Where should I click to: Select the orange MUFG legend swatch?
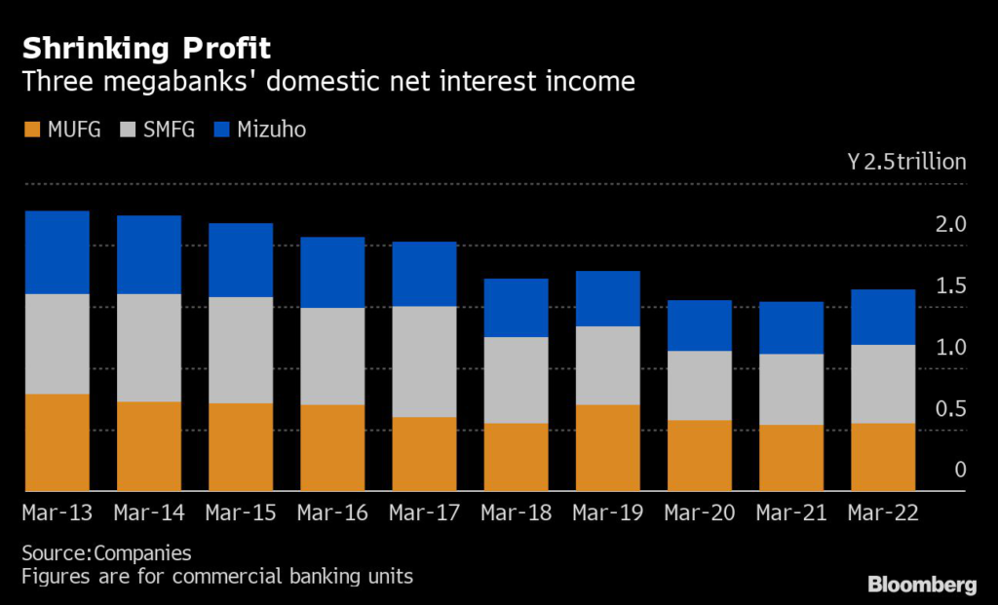(31, 129)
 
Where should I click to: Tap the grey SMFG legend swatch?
(128, 129)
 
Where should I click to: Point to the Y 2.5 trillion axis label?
(906, 162)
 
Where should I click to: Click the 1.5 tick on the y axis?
(951, 285)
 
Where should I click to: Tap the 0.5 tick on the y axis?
(951, 408)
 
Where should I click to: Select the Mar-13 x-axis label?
(58, 512)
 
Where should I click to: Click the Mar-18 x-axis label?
(517, 512)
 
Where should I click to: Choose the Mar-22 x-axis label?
(883, 512)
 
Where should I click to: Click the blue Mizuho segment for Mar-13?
(58, 251)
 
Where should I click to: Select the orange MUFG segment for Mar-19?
(608, 447)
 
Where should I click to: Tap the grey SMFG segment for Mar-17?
(425, 361)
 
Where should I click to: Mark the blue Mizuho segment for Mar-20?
(700, 325)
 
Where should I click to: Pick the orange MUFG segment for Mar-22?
(883, 456)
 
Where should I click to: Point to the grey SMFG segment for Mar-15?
(241, 350)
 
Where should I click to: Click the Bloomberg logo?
(922, 585)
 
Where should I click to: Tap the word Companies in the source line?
(143, 552)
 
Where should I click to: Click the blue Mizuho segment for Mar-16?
(332, 272)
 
